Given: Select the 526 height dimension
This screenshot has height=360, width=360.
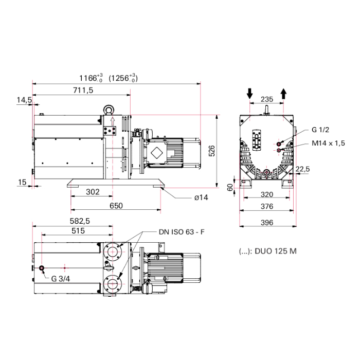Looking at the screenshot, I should point(225,150).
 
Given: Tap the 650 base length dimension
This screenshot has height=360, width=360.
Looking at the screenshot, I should point(116,206).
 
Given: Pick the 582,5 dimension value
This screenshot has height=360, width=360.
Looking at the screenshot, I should point(81,221).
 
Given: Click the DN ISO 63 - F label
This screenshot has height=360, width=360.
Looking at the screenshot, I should point(181,232).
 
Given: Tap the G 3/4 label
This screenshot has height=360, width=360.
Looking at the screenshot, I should point(61,279).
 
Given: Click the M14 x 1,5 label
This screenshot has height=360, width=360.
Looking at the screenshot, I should point(328,143).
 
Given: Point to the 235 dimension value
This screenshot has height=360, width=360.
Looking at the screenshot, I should point(266,99).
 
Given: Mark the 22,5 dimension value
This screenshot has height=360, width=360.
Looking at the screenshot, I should point(302,169).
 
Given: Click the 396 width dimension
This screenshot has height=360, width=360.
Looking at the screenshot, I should point(266,222).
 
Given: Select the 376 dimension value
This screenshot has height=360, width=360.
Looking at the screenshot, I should point(266,206).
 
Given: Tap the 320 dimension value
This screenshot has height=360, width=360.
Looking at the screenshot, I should point(266,195).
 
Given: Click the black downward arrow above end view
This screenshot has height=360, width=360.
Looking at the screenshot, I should point(250,93).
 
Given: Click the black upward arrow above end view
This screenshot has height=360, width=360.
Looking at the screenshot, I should point(283,93).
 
